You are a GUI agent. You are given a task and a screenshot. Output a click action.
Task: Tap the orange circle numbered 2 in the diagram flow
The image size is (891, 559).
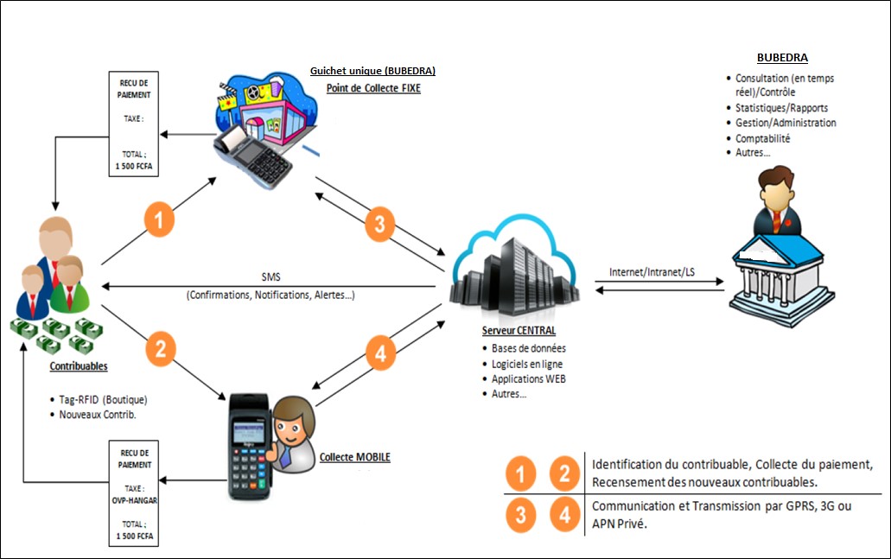pyautogui.click(x=160, y=348)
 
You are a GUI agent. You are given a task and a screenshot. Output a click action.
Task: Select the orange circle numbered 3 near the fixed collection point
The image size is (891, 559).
pyautogui.click(x=379, y=223)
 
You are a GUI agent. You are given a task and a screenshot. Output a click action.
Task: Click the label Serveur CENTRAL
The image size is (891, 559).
pyautogui.click(x=519, y=331)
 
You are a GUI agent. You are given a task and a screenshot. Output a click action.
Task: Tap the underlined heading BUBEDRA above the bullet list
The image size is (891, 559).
pyautogui.click(x=782, y=59)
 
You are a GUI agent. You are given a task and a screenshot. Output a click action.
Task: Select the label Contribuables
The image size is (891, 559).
pyautogui.click(x=78, y=366)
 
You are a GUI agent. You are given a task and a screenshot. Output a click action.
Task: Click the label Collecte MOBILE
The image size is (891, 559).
pyautogui.click(x=354, y=457)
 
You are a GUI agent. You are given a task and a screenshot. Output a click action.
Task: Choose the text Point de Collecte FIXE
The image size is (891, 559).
pyautogui.click(x=373, y=88)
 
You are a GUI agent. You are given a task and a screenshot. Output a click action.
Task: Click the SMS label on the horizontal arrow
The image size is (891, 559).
pyautogui.click(x=270, y=277)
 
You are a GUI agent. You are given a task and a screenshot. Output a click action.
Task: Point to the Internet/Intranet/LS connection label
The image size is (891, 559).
pyautogui.click(x=652, y=272)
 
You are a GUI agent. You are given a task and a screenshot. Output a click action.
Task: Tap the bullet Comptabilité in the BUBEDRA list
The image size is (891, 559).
pyautogui.click(x=762, y=138)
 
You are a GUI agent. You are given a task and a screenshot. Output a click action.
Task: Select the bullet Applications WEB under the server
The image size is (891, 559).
pyautogui.click(x=529, y=378)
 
